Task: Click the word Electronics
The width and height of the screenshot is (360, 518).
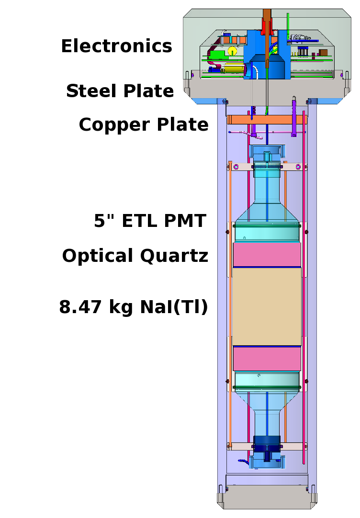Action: (x=116, y=46)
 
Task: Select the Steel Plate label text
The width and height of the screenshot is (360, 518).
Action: (x=120, y=91)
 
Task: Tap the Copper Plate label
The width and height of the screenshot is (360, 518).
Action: (x=144, y=125)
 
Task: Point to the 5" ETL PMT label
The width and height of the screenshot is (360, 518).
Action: (x=150, y=221)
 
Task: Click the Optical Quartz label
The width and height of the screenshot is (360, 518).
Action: (x=135, y=256)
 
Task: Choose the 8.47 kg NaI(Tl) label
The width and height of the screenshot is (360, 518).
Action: (x=134, y=307)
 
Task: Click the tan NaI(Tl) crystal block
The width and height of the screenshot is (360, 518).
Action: (x=267, y=306)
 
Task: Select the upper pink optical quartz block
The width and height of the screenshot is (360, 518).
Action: (x=267, y=255)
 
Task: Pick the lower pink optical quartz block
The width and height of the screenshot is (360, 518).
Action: (x=267, y=359)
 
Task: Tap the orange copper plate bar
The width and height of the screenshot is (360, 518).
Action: (x=266, y=120)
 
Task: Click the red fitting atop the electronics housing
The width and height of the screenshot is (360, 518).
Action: (x=266, y=26)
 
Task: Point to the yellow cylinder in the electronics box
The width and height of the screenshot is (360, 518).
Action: (x=232, y=51)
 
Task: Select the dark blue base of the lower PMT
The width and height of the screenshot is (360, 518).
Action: (x=267, y=443)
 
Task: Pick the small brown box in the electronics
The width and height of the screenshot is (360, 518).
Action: (x=323, y=52)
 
